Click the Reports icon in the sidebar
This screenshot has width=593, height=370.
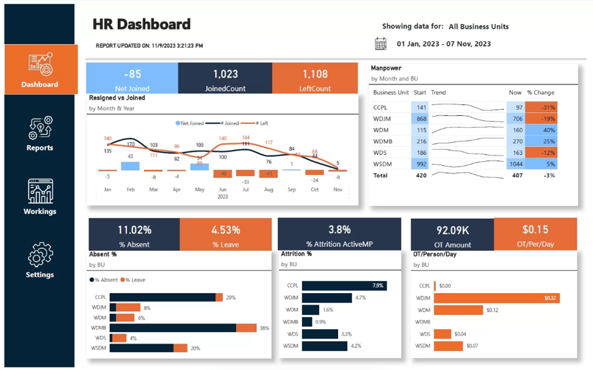[40, 128]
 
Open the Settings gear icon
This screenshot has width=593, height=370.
[40, 255]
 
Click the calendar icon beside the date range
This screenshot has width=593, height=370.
[380, 43]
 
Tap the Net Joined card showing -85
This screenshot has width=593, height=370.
[132, 79]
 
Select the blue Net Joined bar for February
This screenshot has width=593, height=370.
[129, 166]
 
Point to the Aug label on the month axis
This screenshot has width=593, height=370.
[269, 189]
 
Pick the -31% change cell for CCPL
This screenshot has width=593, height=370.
[541, 107]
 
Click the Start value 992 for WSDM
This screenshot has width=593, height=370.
[420, 164]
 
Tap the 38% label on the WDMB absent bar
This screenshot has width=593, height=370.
[264, 328]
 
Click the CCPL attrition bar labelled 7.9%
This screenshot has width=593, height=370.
[344, 286]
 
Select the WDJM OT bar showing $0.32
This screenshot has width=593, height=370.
[496, 298]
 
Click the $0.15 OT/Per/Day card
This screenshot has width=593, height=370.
[535, 234]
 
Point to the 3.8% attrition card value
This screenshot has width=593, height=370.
[339, 230]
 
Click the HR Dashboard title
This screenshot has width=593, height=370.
[141, 25]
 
